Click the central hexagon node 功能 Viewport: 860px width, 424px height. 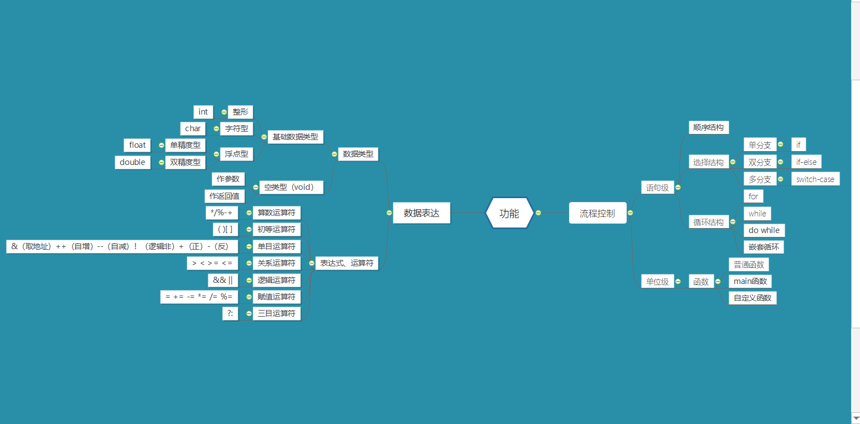click(509, 213)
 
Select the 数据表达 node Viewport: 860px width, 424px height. click(422, 213)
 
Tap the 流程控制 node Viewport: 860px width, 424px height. click(597, 213)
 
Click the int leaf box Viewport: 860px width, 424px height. click(203, 112)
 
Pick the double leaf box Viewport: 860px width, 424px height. click(132, 162)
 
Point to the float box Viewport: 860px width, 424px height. click(137, 145)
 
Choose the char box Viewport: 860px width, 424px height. click(193, 128)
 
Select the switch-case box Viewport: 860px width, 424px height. click(815, 179)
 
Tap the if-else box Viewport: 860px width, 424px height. click(806, 162)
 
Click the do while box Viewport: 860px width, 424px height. click(764, 230)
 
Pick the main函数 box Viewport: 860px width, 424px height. click(750, 281)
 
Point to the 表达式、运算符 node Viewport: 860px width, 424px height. click(346, 263)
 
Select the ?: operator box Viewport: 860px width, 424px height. click(230, 313)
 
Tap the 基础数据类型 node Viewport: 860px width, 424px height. click(295, 137)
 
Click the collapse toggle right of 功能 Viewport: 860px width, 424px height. click(538, 213)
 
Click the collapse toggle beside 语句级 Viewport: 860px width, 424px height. click(678, 188)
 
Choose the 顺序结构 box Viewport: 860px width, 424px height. click(708, 127)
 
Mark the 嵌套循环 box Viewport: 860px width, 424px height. click(764, 247)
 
